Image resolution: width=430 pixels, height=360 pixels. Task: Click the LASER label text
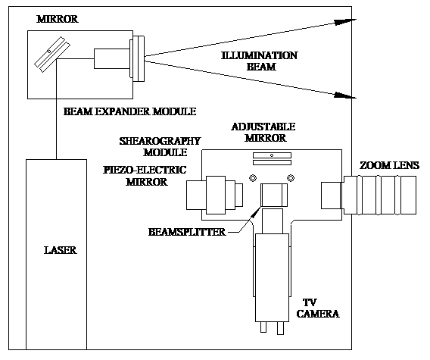[61, 250]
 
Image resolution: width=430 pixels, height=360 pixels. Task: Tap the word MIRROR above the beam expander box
[58, 19]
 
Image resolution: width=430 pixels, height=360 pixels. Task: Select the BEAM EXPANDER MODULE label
[129, 111]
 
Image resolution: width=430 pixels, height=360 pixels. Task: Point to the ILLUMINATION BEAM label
[260, 61]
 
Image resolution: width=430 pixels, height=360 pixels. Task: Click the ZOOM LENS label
[389, 165]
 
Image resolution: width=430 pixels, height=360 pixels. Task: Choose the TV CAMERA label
[318, 308]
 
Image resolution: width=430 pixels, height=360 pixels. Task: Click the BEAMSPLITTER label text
[187, 232]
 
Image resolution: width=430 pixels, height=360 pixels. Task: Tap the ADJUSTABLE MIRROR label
[263, 132]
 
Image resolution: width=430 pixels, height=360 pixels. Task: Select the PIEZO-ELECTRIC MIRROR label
[145, 176]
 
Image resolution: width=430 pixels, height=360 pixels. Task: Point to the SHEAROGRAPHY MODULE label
[160, 146]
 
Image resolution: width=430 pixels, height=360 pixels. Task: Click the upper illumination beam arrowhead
[344, 22]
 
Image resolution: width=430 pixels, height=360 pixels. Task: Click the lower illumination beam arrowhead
[344, 95]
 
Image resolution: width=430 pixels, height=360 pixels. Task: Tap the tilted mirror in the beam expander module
[52, 55]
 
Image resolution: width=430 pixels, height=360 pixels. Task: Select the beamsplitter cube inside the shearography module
[274, 195]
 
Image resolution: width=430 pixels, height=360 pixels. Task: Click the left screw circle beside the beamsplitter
[253, 178]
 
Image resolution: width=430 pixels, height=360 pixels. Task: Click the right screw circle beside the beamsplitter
[291, 178]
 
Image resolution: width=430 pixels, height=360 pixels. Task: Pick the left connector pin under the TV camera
[263, 327]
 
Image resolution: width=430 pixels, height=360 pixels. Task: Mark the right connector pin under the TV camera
[280, 328]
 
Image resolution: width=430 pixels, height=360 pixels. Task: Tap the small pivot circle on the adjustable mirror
[272, 155]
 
